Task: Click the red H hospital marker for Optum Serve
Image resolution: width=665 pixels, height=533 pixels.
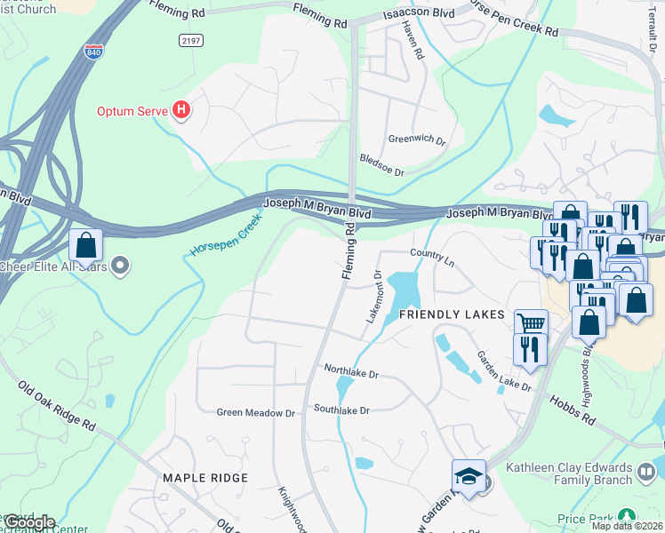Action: click(181, 111)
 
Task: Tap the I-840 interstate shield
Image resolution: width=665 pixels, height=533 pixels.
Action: click(93, 52)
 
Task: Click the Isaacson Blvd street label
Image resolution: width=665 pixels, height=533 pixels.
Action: click(412, 15)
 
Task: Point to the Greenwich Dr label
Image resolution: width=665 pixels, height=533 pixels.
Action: click(416, 139)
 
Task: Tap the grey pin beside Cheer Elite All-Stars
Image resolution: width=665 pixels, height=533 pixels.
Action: click(124, 265)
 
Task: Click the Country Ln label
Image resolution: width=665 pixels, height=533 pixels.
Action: click(432, 254)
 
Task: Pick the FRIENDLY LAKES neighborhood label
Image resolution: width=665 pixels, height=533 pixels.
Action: click(452, 315)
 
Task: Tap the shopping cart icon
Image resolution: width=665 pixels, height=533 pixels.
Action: click(531, 323)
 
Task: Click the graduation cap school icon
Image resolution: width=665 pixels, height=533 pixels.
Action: click(469, 474)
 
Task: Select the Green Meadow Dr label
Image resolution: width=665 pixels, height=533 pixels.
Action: click(256, 413)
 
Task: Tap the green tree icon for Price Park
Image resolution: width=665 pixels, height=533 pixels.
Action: click(627, 515)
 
